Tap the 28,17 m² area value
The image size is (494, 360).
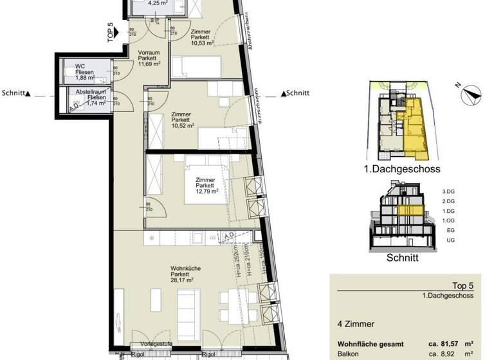point(179,280)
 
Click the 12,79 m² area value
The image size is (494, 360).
point(207,191)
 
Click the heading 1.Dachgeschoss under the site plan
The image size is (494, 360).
point(406,170)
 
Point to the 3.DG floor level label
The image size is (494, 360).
point(448,192)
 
